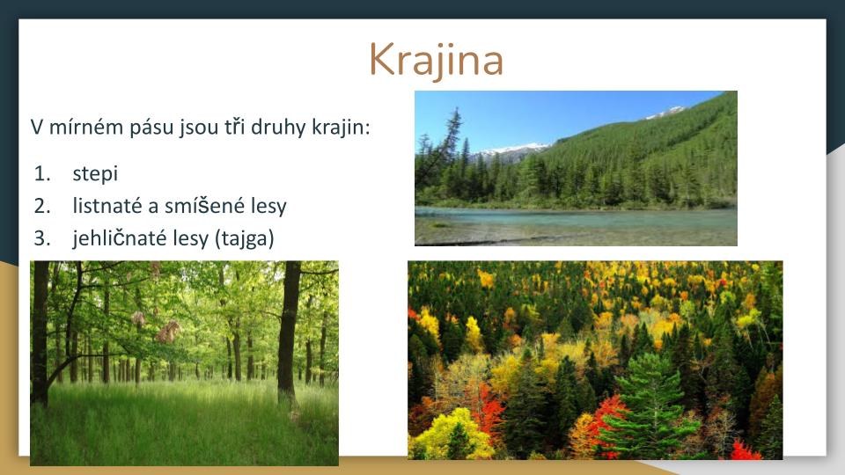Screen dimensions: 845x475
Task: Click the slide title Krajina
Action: [436, 60]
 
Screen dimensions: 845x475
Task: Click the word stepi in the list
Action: [95, 173]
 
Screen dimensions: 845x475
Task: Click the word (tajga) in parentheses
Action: [244, 238]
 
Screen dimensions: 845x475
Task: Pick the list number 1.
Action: [41, 173]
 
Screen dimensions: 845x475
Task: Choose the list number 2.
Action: [41, 205]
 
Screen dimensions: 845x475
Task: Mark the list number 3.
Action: [41, 237]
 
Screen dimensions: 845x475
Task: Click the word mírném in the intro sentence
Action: [86, 127]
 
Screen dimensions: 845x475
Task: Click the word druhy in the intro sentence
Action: [279, 128]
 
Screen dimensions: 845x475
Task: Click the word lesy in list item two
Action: [268, 206]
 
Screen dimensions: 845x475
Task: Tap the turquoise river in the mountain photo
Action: [576, 222]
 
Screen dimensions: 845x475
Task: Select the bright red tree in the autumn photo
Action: [607, 421]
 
